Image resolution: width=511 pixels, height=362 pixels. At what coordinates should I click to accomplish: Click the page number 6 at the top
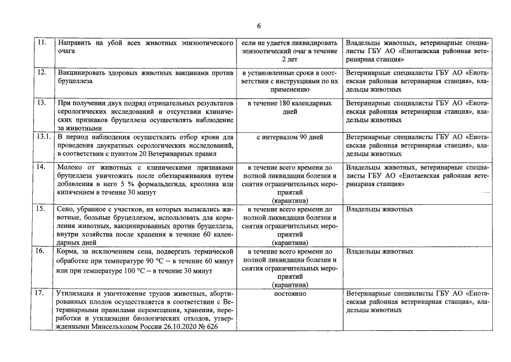point(259,26)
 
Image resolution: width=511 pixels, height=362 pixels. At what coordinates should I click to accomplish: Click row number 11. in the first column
point(41,43)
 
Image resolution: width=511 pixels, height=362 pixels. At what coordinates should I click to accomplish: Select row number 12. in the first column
point(41,74)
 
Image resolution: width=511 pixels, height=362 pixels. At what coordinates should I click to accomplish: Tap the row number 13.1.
point(43,137)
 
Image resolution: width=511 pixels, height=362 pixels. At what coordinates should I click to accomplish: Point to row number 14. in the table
point(41,167)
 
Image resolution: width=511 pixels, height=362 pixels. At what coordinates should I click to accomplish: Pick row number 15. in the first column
point(41,209)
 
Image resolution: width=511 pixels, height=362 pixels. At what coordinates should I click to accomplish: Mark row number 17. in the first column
point(41,294)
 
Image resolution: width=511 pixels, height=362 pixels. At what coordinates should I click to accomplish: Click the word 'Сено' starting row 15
point(66,209)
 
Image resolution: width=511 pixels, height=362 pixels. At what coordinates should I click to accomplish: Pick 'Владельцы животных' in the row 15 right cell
point(379,209)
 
